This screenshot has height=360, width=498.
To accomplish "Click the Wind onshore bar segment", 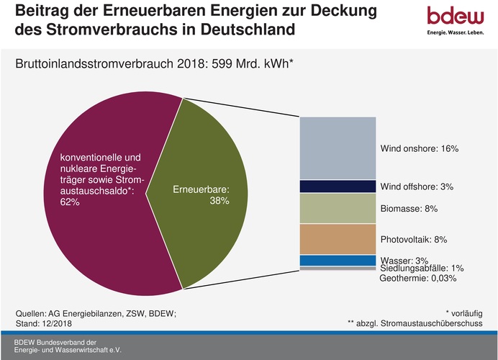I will click(338, 148).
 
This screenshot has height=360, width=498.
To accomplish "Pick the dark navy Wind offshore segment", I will click(338, 186).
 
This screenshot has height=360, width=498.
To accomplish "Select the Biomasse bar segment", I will click(338, 208).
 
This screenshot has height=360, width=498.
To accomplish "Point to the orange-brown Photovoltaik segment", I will click(338, 238).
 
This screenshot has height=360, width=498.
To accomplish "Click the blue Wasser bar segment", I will click(338, 261).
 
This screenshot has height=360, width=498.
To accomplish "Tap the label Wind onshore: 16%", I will click(418, 149).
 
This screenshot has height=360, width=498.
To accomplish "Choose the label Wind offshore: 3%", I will click(416, 187).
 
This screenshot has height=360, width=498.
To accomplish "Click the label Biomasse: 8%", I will click(408, 209).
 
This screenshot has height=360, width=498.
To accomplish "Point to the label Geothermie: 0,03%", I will click(417, 278).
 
